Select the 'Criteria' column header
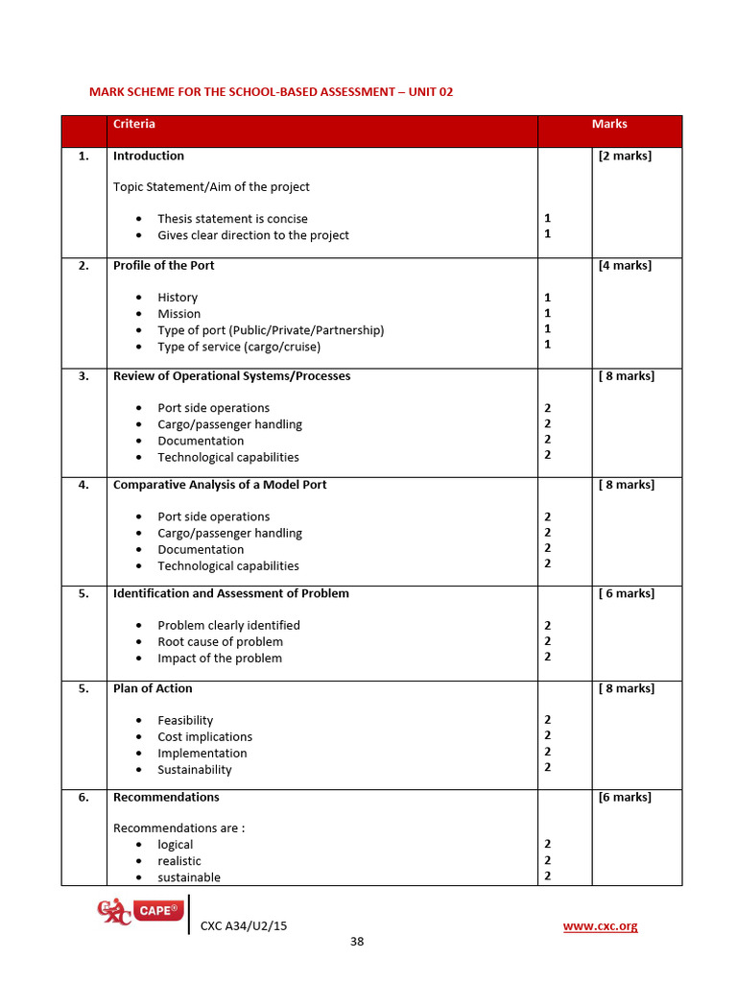134,124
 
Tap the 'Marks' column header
609,124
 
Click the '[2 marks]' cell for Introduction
625,156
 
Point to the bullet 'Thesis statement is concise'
232,219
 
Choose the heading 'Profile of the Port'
164,265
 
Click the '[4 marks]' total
625,265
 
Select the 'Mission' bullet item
179,314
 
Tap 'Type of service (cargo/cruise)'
239,347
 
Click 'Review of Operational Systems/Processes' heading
232,376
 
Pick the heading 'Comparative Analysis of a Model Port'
220,485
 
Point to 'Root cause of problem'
221,641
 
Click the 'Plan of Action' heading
153,688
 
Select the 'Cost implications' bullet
205,736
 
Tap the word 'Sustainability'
195,769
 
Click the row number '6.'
83,797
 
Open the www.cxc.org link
600,925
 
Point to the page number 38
357,941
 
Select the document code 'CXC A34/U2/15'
244,925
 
